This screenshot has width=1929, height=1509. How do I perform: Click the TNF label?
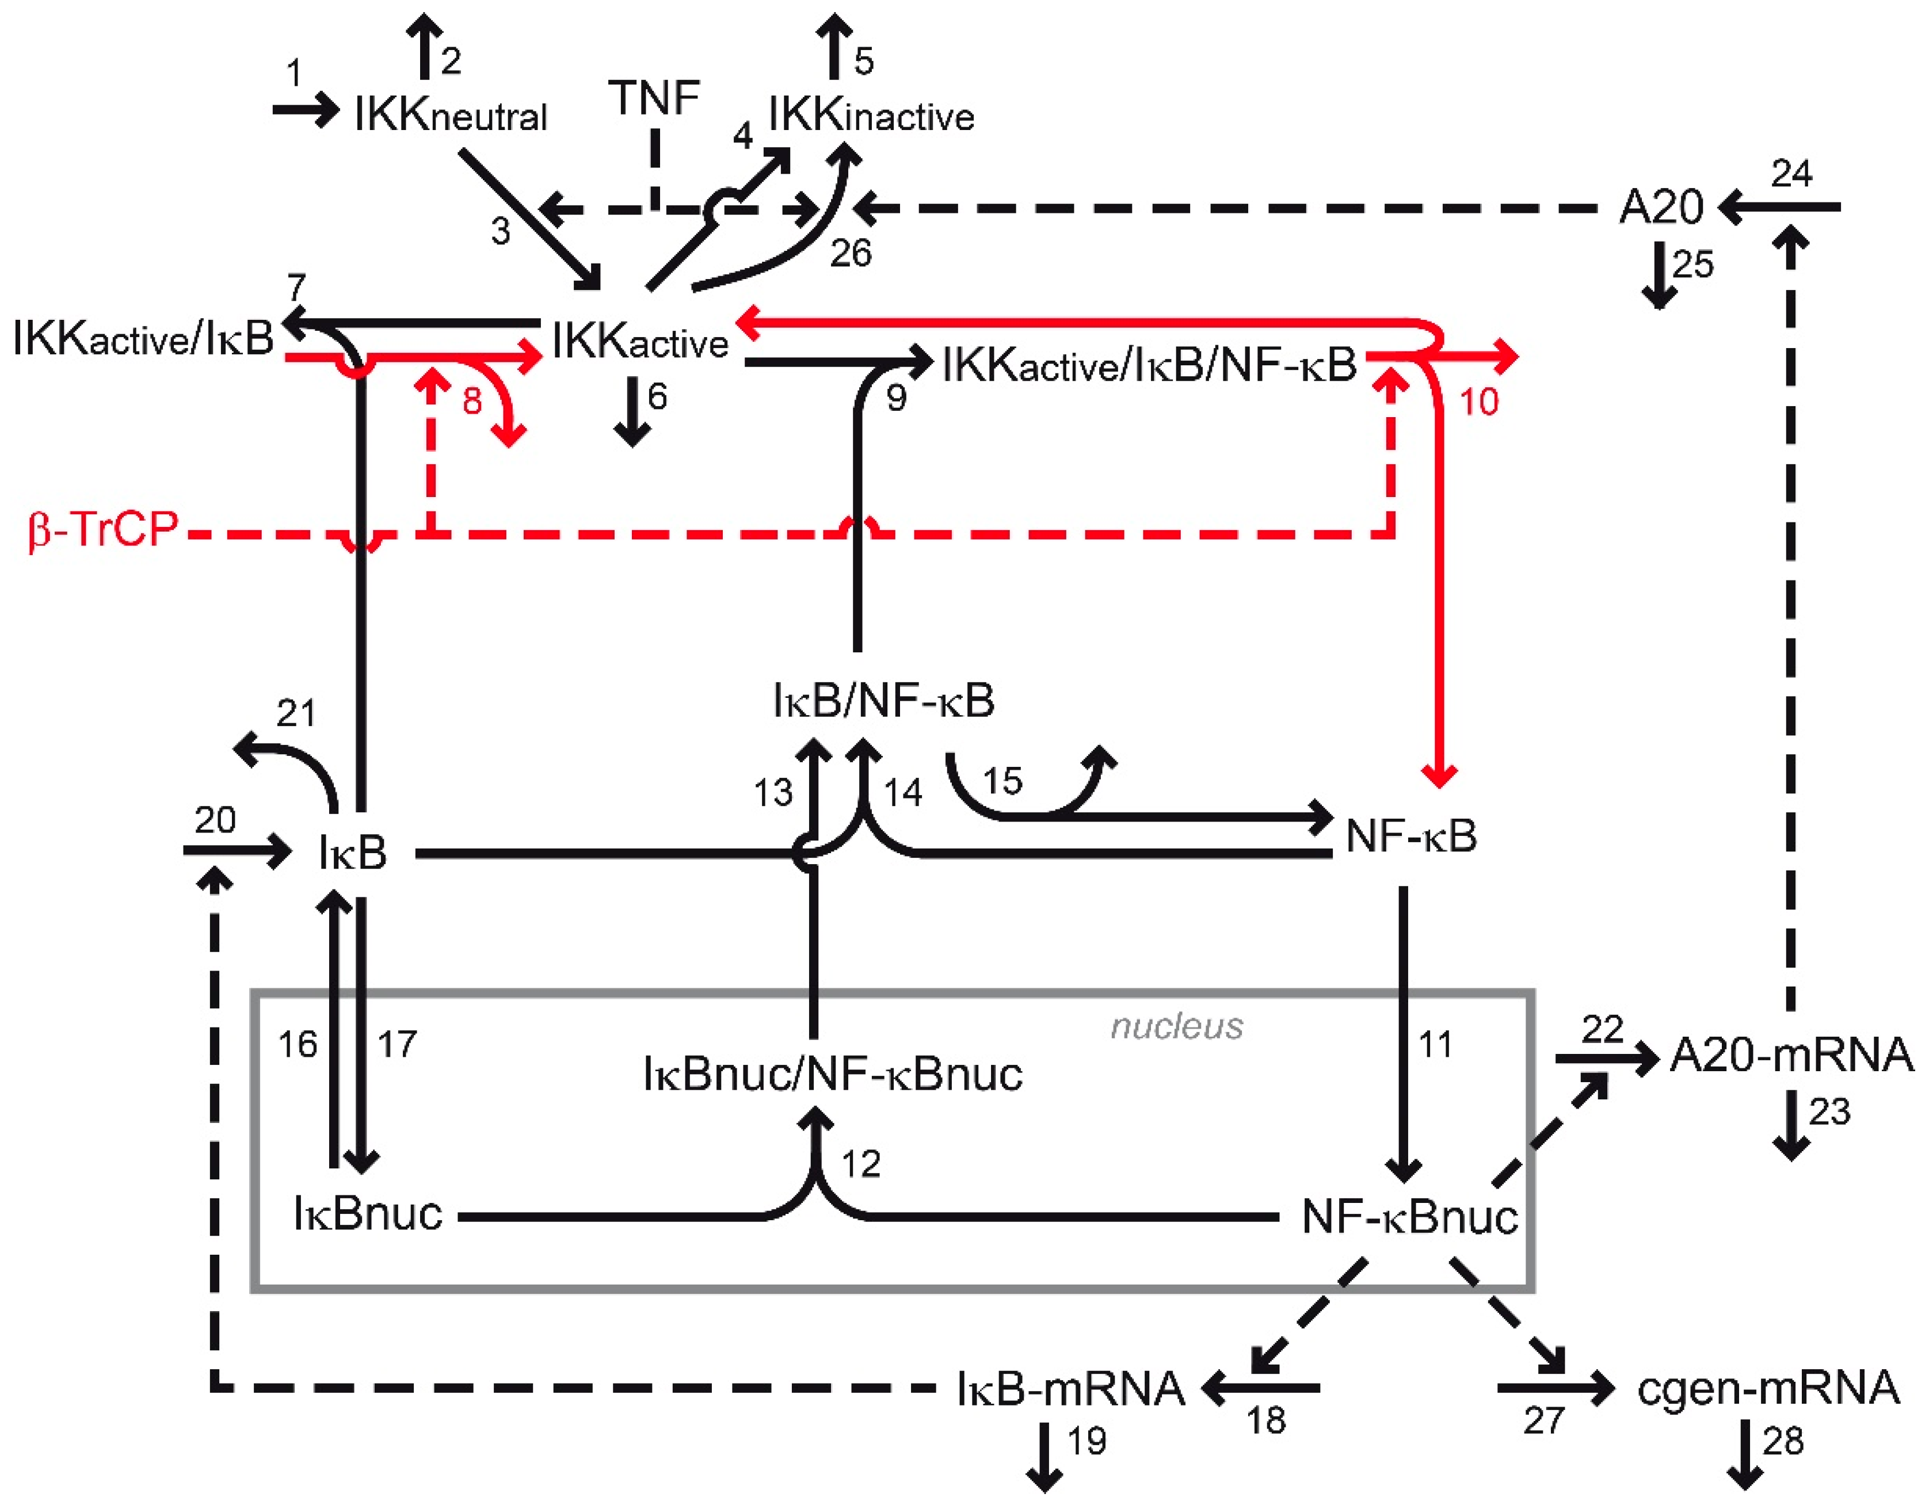pos(654,97)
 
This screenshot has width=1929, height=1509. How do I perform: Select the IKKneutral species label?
pos(451,115)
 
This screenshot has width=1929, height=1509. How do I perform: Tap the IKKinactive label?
pos(870,115)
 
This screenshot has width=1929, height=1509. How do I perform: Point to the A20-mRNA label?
pos(1791,1055)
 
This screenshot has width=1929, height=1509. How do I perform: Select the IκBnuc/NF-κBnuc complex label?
pos(832,1074)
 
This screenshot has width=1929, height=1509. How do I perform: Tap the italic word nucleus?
pos(1176,1026)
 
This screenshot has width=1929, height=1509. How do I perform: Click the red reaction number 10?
pos(1478,403)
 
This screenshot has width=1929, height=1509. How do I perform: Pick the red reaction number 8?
pos(472,402)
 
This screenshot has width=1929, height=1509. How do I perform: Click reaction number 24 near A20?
pos(1791,173)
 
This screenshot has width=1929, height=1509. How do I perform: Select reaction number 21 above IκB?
pos(295,713)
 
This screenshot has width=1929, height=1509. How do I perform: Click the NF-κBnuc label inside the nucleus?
pos(1409,1217)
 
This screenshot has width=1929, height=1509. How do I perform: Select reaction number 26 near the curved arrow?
pos(850,254)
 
